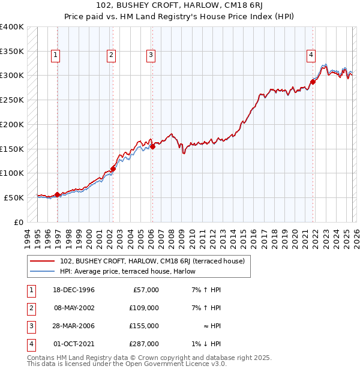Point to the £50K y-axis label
click(x=14, y=197)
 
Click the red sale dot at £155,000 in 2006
click(x=152, y=146)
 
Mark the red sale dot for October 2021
click(x=313, y=82)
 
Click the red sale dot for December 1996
click(x=58, y=194)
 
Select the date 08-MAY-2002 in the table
click(x=73, y=308)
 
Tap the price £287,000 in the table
click(x=145, y=344)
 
